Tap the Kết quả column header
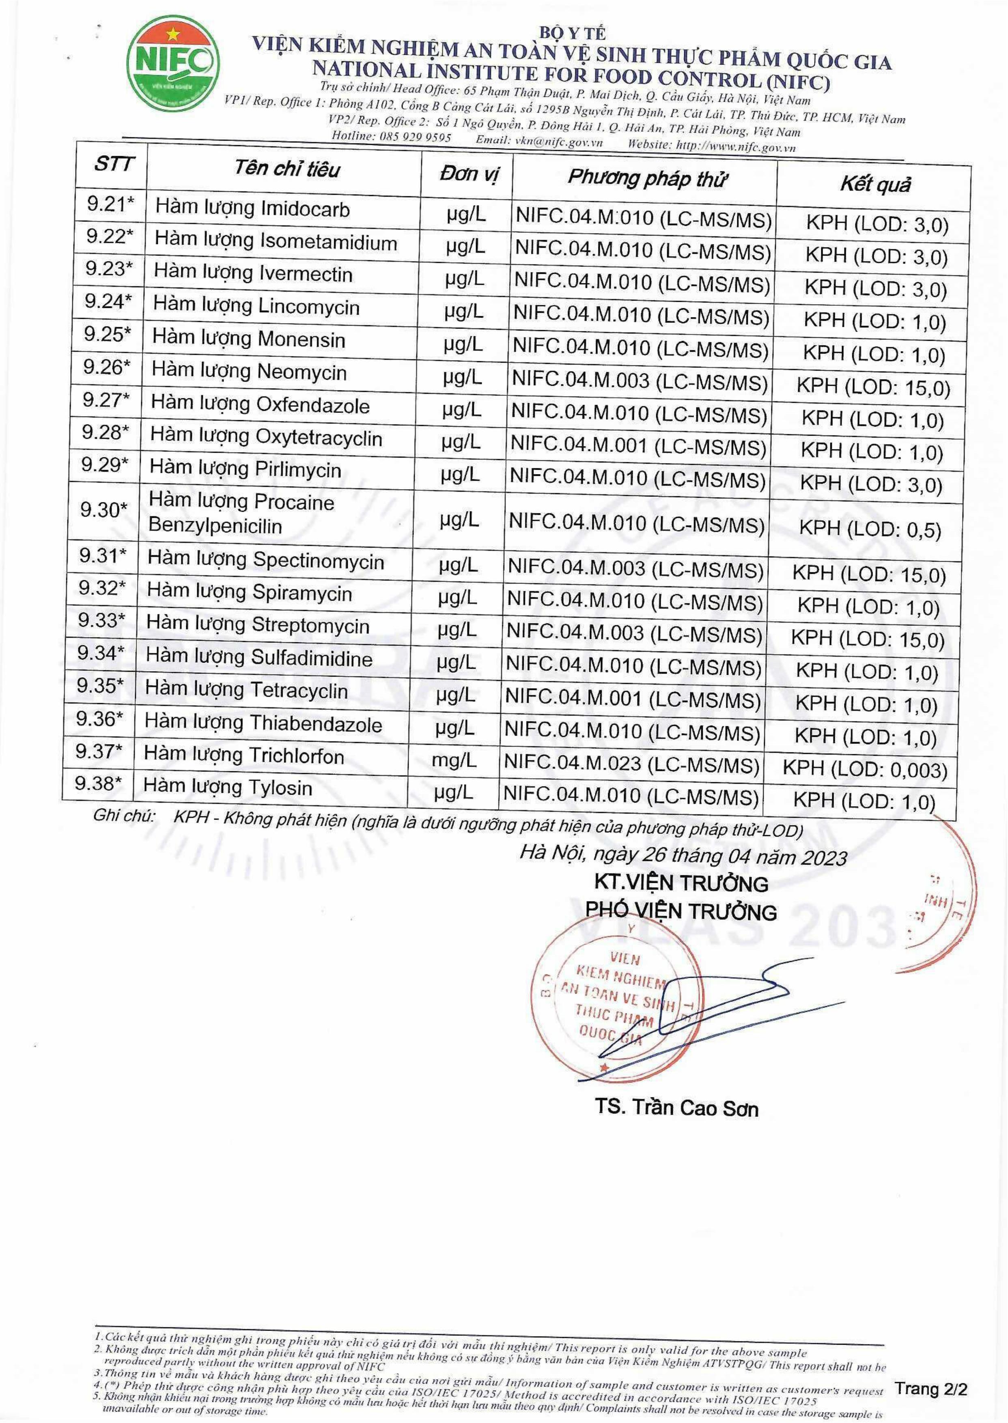pos(875,184)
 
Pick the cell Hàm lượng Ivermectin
pos(253,274)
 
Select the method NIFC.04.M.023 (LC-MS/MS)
pos(632,764)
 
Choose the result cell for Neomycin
pos(873,388)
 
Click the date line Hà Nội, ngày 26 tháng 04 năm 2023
pos(683,855)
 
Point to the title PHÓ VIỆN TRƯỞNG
pos(681,911)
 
